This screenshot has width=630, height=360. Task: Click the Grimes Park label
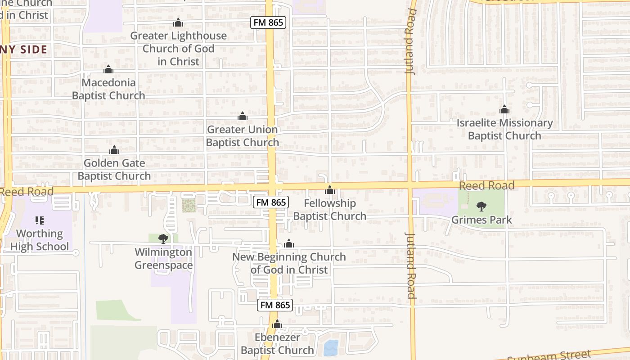(x=481, y=220)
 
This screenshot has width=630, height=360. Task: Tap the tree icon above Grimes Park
(x=481, y=207)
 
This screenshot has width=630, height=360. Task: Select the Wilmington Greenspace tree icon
(x=163, y=239)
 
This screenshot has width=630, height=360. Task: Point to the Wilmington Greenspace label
(x=163, y=259)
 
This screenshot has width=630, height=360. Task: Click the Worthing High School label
(x=40, y=240)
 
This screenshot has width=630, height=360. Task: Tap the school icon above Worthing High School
(x=40, y=220)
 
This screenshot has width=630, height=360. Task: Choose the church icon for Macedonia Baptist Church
(x=108, y=69)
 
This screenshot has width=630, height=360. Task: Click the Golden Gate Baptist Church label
(x=114, y=170)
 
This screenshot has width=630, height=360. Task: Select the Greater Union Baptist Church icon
(x=243, y=117)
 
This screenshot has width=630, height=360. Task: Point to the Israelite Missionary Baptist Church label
(x=504, y=129)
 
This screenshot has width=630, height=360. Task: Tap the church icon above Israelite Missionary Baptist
(x=504, y=109)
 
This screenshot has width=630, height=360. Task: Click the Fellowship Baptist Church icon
(x=330, y=190)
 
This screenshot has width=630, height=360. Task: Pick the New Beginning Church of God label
(x=289, y=263)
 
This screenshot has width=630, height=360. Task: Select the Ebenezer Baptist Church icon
(x=277, y=324)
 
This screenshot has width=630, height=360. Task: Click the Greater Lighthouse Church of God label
(x=179, y=48)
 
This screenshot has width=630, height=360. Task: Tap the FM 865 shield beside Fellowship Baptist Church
(x=270, y=202)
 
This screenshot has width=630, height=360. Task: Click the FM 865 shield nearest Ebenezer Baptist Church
(x=275, y=305)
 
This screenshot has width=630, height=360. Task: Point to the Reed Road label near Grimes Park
(x=486, y=186)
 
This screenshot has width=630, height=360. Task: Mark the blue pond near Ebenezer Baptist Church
(x=331, y=348)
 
